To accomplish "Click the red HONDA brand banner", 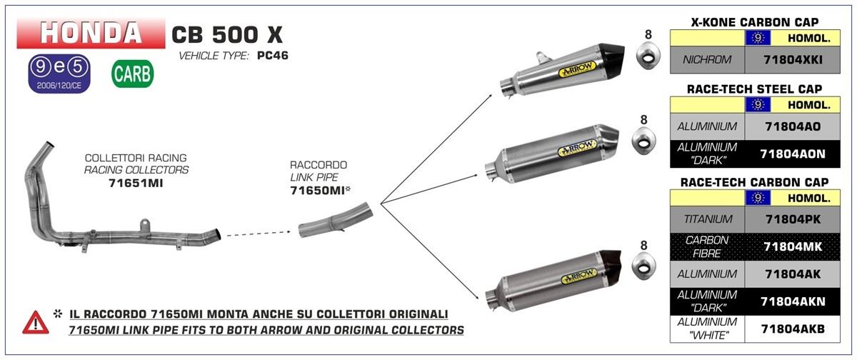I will [x=91, y=32].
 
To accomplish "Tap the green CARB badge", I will [x=132, y=74].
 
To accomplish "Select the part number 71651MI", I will [x=136, y=183].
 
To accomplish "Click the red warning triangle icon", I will [x=36, y=322].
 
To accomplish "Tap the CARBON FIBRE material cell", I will [x=707, y=246].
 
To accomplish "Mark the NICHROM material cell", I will [x=707, y=60].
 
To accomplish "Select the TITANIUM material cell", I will [x=707, y=219].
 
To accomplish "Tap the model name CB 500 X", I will [x=227, y=34].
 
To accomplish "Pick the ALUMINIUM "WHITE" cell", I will [x=707, y=329].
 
